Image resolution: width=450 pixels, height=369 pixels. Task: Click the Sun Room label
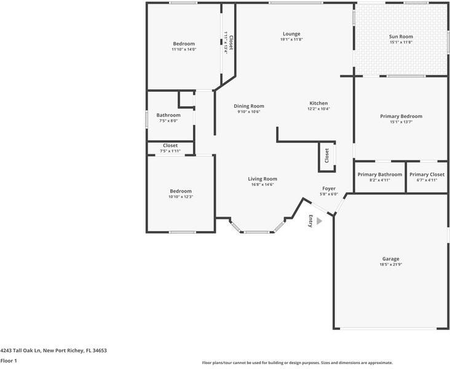tap(401, 36)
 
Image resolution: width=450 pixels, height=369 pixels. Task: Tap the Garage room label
tap(390, 259)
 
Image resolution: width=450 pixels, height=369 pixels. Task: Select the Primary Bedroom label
tap(401, 116)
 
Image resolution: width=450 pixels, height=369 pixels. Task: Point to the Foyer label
tap(329, 188)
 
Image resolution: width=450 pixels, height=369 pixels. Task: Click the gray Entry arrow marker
tap(318, 220)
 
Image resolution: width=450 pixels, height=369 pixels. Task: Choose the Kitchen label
tap(318, 103)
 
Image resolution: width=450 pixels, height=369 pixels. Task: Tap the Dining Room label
tap(248, 106)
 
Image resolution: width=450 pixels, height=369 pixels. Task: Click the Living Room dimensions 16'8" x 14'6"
tap(262, 184)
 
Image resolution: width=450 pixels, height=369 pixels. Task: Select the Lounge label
tap(291, 33)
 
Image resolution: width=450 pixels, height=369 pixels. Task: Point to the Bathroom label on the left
tap(168, 115)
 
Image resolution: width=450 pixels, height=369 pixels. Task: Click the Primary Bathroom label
tap(379, 174)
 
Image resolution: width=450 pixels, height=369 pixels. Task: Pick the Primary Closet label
tap(427, 174)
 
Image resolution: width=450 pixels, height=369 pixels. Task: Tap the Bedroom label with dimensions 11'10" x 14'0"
tap(184, 44)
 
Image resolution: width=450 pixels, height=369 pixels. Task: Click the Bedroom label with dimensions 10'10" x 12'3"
tap(181, 191)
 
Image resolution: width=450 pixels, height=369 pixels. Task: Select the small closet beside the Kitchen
tap(326, 156)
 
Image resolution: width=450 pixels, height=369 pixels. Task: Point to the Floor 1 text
tap(9, 361)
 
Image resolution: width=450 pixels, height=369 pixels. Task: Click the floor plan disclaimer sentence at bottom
tap(298, 363)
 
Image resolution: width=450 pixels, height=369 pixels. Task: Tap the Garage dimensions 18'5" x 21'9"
tap(390, 265)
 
